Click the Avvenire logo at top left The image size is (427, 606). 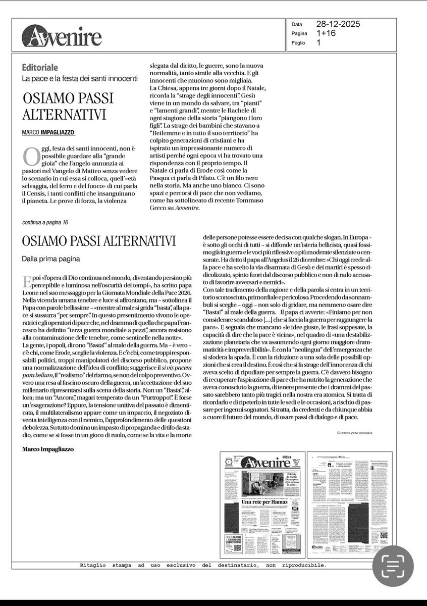click(62, 36)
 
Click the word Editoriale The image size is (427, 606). click(40, 67)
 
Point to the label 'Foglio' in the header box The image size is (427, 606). click(298, 43)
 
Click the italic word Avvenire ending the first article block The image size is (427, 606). click(185, 207)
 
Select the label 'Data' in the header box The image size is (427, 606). click(297, 24)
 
